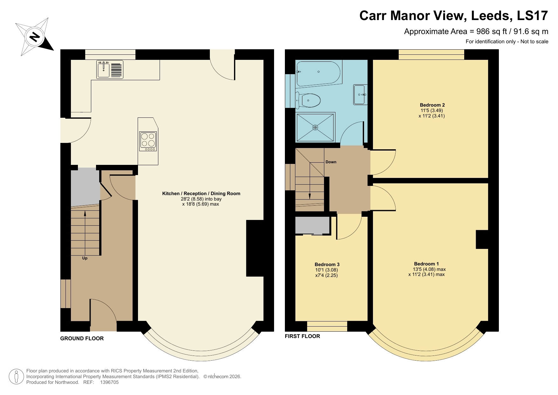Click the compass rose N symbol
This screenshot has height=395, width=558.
tap(34, 37)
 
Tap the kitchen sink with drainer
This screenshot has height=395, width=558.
tap(110, 70)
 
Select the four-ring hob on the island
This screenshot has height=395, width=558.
tap(148, 141)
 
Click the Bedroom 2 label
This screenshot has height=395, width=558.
tap(432, 105)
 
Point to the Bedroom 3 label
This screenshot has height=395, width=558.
tap(327, 265)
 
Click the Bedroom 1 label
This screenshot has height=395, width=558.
tap(426, 264)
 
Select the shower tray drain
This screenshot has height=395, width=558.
tap(315, 128)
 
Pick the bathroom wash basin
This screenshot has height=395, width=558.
tap(361, 95)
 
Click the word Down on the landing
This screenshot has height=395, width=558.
tap(331, 162)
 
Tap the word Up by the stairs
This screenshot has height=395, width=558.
tap(85, 258)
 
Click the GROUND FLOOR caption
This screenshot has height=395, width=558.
tap(82, 338)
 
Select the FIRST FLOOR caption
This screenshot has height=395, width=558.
tap(302, 336)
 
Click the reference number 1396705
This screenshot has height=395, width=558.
tap(109, 382)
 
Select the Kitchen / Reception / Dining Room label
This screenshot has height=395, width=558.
tap(201, 194)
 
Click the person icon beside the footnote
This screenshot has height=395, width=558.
tap(16, 377)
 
